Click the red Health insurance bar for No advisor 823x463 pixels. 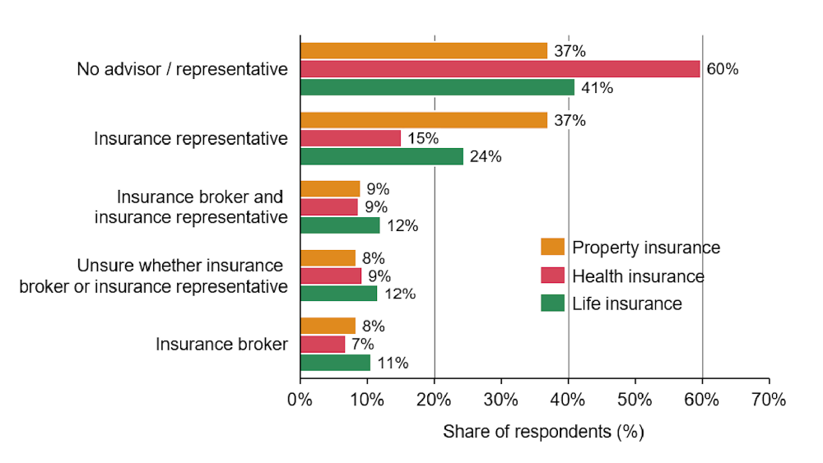click(x=500, y=69)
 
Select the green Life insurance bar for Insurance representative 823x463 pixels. click(x=382, y=156)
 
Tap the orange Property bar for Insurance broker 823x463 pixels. click(x=328, y=326)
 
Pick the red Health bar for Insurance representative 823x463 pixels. click(x=351, y=138)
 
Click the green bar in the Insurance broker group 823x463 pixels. click(x=336, y=363)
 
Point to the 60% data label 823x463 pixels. click(x=723, y=69)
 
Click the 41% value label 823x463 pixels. click(x=597, y=87)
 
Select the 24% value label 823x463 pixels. click(x=486, y=157)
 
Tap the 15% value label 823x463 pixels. click(x=423, y=138)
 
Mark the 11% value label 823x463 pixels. click(x=393, y=363)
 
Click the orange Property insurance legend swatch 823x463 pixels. click(x=553, y=247)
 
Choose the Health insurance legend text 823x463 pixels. click(x=639, y=275)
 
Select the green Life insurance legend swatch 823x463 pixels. click(x=553, y=303)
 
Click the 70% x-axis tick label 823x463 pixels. click(x=769, y=400)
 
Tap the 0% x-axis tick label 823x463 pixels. click(x=300, y=400)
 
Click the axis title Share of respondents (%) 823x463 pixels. click(x=543, y=432)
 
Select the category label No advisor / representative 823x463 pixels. click(x=182, y=69)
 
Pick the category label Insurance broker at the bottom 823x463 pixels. click(x=221, y=344)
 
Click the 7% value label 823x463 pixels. click(x=363, y=345)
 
